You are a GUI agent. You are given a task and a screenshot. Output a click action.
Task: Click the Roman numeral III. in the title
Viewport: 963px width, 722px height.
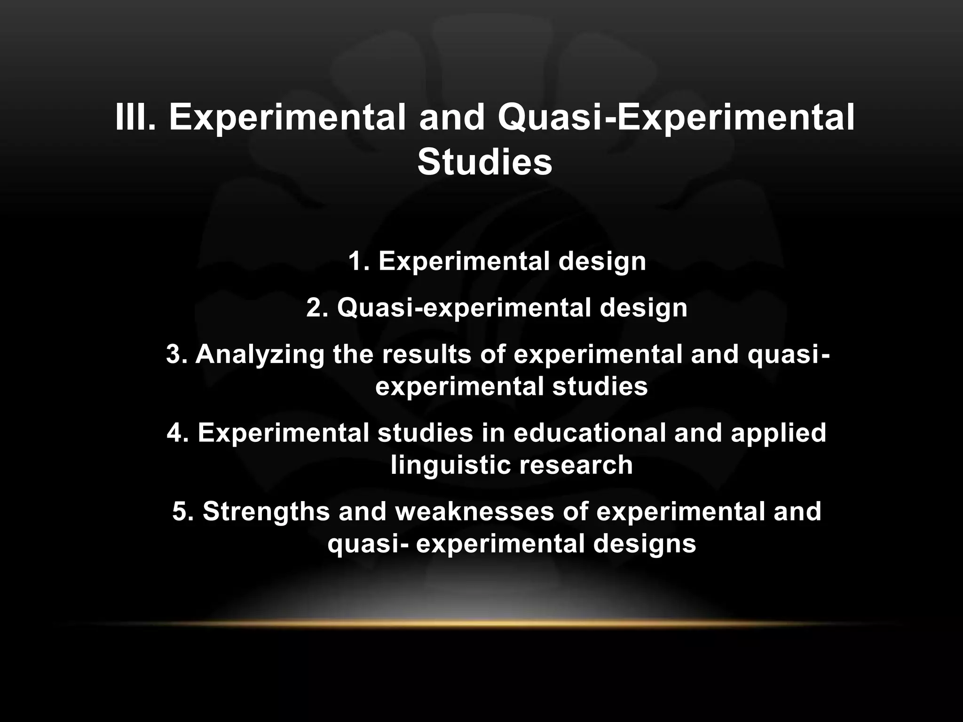[135, 118]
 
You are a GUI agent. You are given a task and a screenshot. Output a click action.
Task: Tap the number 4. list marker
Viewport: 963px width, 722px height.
[177, 433]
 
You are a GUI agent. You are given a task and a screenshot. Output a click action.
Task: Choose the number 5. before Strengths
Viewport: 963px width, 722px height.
[182, 511]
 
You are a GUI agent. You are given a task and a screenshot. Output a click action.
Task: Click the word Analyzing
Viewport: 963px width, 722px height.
[260, 355]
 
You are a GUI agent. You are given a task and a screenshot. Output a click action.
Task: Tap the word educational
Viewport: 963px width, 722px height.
[590, 433]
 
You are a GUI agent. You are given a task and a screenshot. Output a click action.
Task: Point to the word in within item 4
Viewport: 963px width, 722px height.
[493, 433]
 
